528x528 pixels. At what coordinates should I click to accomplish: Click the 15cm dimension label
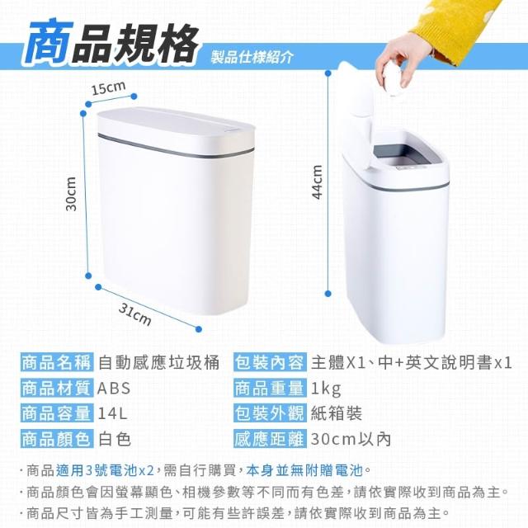coord(108,87)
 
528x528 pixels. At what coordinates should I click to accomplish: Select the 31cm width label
coord(134,315)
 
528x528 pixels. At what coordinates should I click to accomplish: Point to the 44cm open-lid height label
coord(318,181)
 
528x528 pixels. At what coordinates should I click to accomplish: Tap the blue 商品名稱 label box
coord(57,363)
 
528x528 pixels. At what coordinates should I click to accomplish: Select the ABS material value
coord(114,389)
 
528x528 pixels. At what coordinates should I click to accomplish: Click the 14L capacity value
coord(112,413)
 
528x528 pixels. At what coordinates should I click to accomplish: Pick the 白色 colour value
coord(115,439)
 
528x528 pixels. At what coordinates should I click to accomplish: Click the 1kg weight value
coord(326,389)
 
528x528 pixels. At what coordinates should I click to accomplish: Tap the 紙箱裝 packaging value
coord(336,413)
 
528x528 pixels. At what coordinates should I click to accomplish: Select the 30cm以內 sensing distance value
coord(351,439)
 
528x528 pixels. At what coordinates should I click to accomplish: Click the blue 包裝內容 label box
coord(270,363)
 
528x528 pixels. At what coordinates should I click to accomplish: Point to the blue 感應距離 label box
coord(270,439)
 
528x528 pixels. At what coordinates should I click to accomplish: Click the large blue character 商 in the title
coord(47,42)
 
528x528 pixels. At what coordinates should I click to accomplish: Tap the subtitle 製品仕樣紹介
coord(252,58)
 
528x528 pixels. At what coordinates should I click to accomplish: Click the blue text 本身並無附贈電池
coord(304,470)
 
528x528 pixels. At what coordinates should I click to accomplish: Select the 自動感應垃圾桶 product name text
coord(158,363)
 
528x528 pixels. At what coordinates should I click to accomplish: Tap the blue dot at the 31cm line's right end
coord(199,329)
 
